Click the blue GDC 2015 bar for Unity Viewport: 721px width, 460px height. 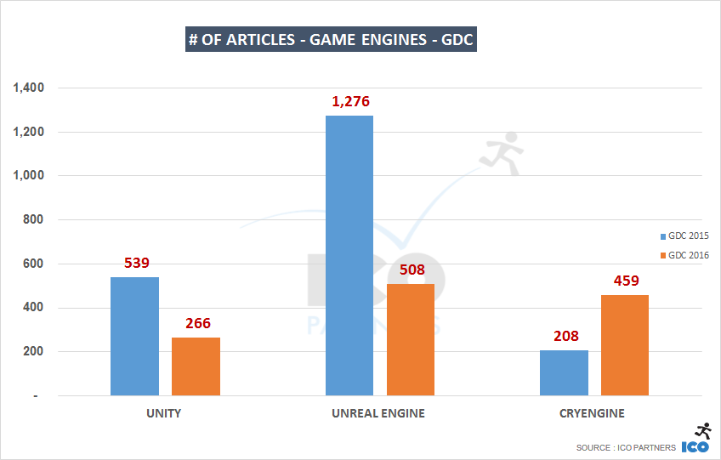click(x=134, y=337)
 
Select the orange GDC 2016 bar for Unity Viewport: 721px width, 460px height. click(x=196, y=366)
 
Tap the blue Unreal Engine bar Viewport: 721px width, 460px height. click(x=349, y=255)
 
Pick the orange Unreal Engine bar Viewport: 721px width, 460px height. click(x=410, y=340)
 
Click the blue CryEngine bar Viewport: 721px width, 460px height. click(x=564, y=373)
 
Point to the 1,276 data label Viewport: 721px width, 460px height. click(x=350, y=102)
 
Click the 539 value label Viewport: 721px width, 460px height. click(x=135, y=263)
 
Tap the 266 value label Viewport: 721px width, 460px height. click(x=196, y=323)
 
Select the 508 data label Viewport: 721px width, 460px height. click(x=411, y=270)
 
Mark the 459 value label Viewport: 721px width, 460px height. click(x=625, y=281)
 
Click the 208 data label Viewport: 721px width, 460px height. click(x=564, y=336)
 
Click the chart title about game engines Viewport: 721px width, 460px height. click(x=331, y=40)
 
